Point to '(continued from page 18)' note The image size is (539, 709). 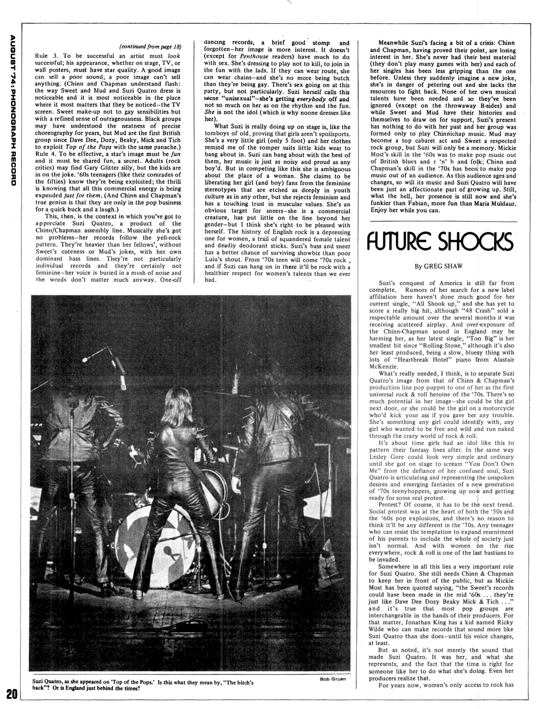[x=150, y=47]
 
